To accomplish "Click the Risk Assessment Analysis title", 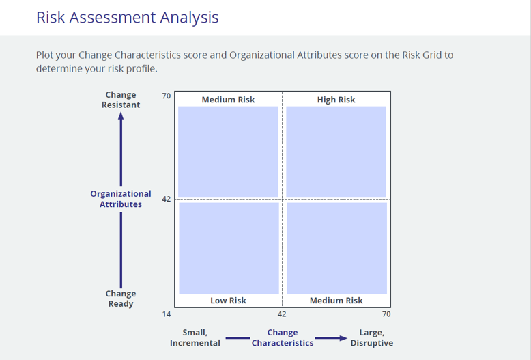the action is [128, 18].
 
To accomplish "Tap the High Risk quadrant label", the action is [336, 100].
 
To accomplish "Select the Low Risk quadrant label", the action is [228, 301].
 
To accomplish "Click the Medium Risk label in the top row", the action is [228, 100].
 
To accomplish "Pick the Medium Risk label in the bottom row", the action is [336, 301].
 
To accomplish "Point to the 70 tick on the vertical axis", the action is [167, 96].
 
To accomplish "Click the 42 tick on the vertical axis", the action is [167, 199].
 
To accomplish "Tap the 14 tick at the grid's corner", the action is [167, 314].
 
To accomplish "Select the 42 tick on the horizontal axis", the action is [282, 314].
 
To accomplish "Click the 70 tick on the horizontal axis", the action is [386, 314].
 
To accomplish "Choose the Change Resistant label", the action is [121, 100].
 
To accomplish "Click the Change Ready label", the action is [121, 299].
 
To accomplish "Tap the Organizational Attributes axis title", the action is [121, 199].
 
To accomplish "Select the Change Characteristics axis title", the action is [283, 337].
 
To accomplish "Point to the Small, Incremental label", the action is [195, 337].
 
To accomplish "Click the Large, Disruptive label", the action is [372, 337].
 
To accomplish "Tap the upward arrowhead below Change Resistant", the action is [121, 116].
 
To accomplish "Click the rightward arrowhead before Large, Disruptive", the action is [343, 338].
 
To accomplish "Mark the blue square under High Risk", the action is [336, 152].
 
